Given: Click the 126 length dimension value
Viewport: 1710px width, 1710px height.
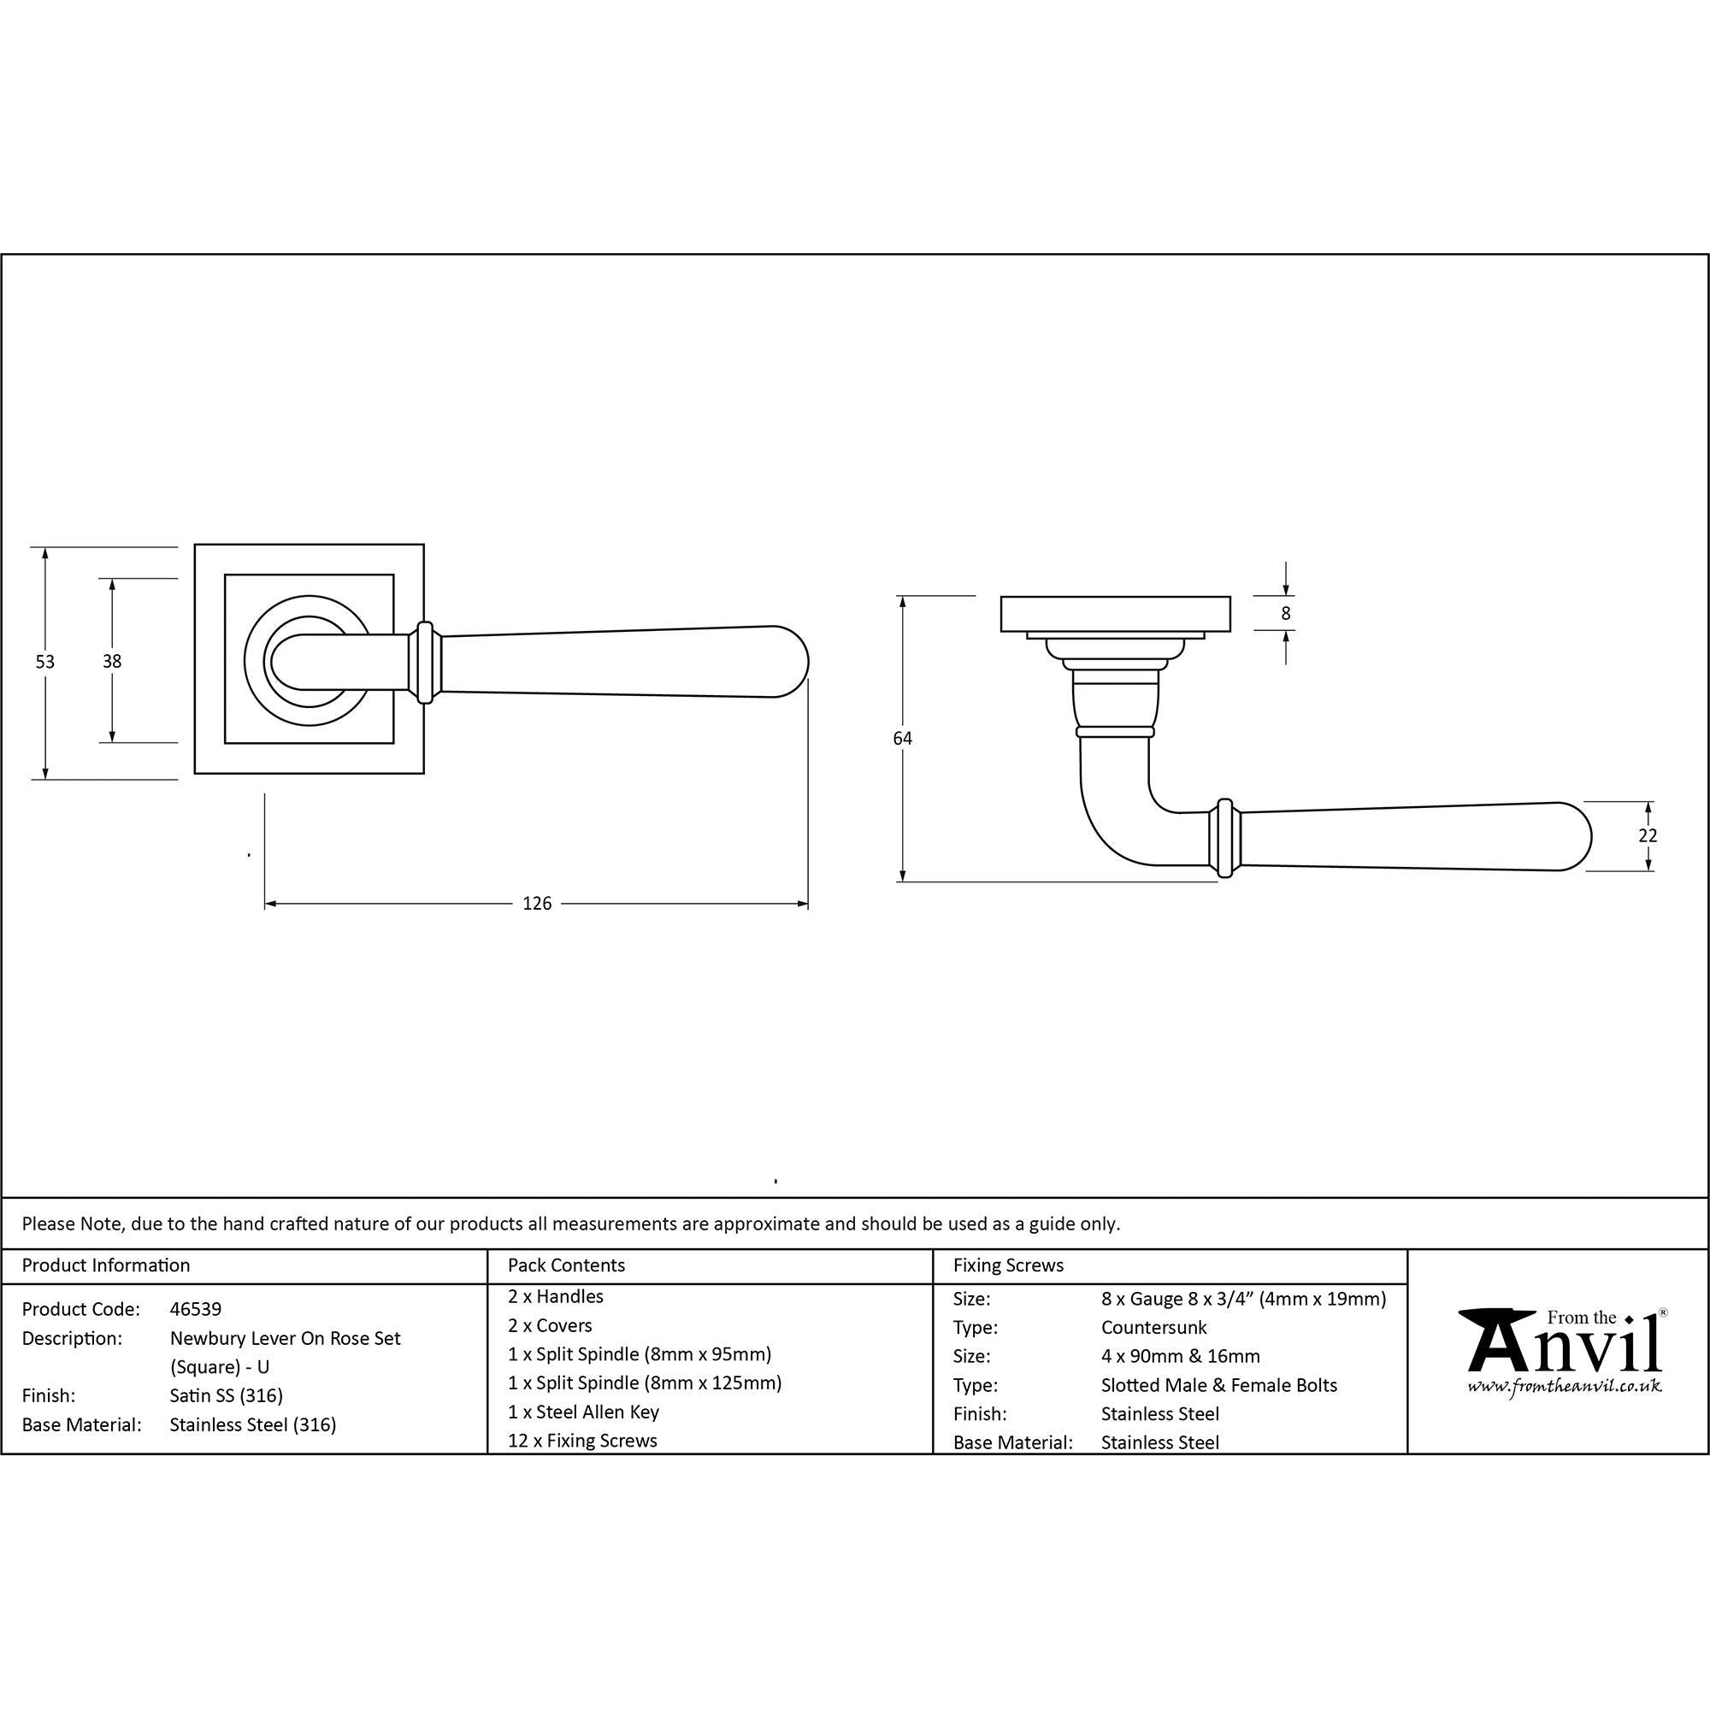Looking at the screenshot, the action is point(536,904).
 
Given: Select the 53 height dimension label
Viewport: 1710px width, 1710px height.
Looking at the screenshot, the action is point(45,661).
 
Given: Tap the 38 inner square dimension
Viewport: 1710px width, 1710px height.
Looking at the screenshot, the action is point(111,661).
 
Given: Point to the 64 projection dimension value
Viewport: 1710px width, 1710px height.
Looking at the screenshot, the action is point(902,738).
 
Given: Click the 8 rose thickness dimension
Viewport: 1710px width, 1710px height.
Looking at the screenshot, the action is point(1285,612).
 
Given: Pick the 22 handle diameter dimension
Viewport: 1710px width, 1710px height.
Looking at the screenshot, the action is point(1648,835).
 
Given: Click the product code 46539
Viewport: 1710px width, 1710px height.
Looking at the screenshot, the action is point(196,1309).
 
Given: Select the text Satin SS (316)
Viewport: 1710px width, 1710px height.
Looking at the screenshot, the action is point(227,1396).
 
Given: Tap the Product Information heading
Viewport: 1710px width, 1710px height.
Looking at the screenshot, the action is point(106,1265).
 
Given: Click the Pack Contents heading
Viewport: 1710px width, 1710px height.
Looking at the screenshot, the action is point(567,1265).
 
